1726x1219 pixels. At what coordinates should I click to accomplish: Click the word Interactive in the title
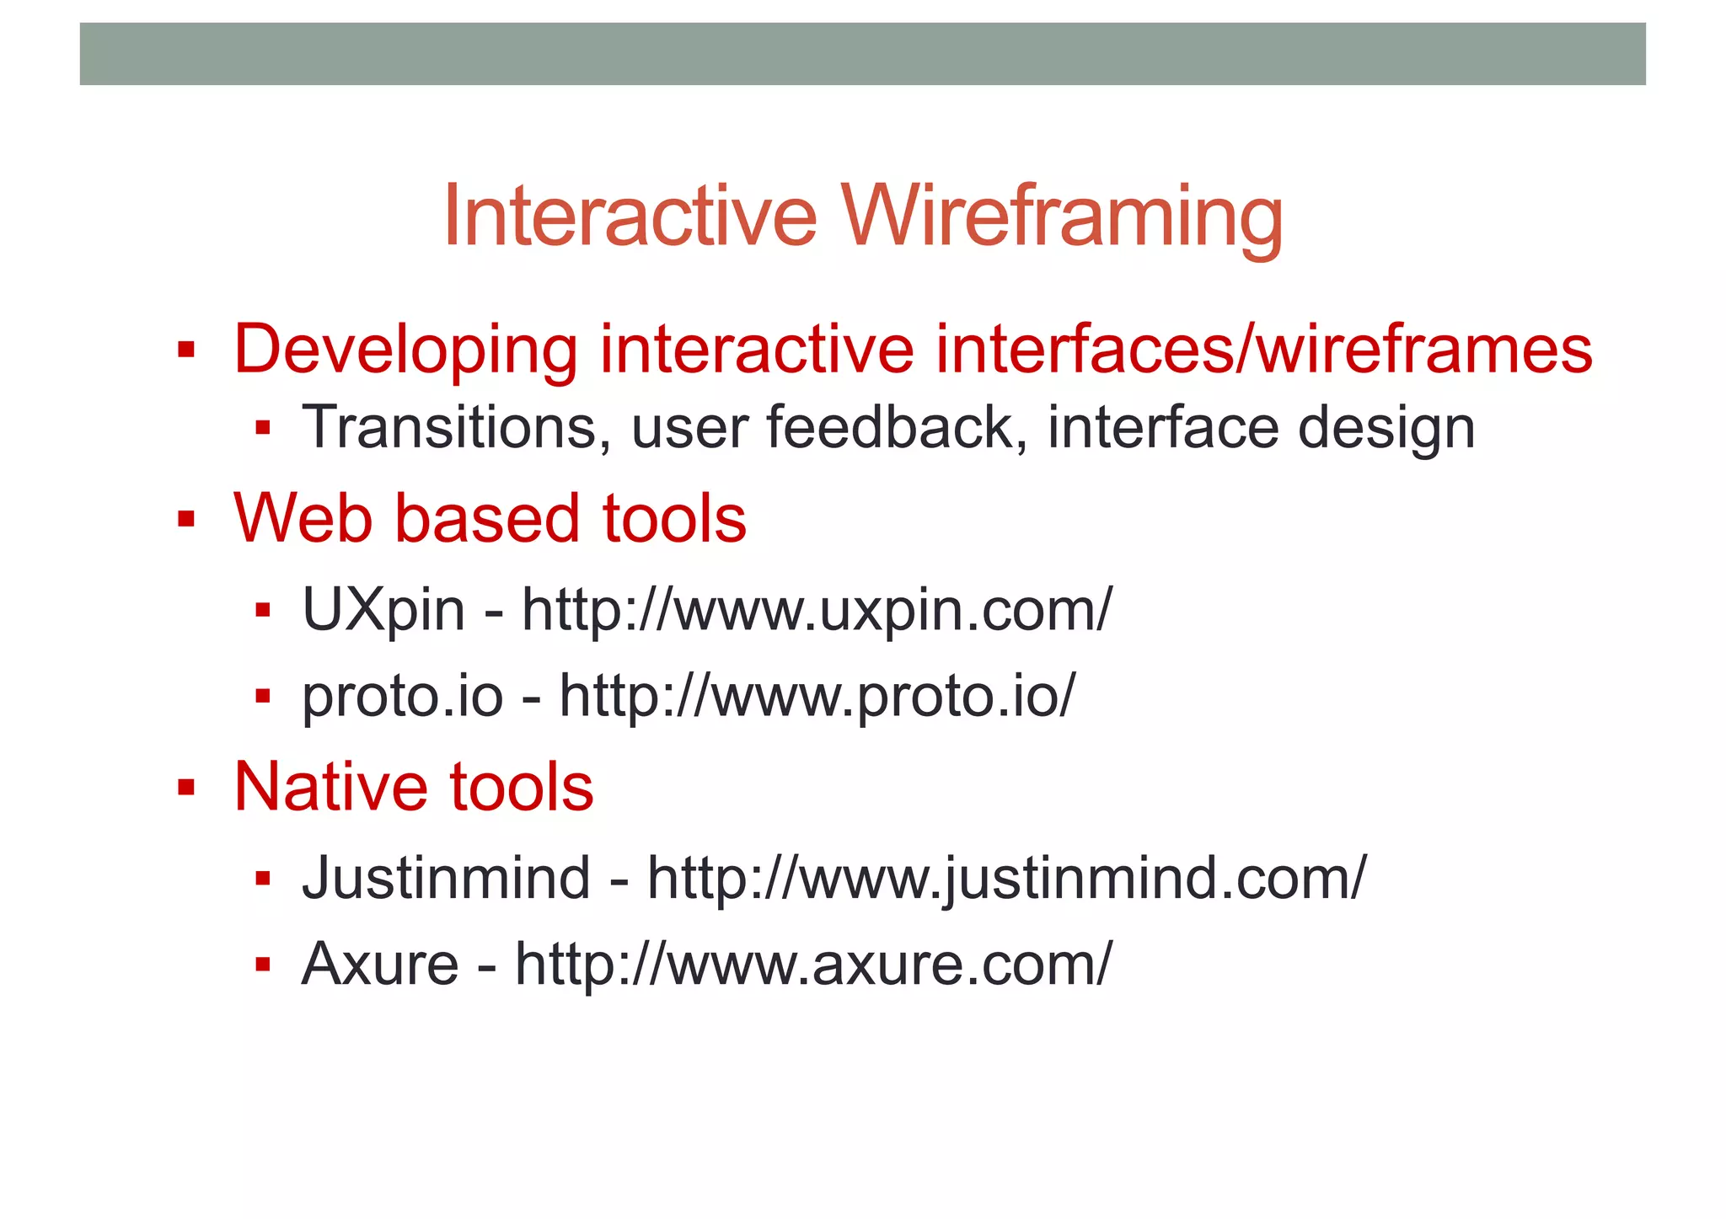pos(630,217)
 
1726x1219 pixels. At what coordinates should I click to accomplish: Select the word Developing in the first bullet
pos(405,350)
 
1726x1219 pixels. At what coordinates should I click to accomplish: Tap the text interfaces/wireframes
pos(1263,350)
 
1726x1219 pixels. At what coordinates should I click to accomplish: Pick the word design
pos(1386,429)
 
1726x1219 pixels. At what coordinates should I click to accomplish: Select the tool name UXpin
pos(383,610)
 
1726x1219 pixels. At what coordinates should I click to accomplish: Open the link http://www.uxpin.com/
pos(817,610)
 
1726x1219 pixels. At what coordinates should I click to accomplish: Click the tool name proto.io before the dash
pos(403,697)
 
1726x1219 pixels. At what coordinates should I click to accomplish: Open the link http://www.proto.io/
pos(817,697)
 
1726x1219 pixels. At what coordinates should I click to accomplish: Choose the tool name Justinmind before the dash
pos(446,878)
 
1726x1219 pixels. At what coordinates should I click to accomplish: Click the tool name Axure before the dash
pos(380,965)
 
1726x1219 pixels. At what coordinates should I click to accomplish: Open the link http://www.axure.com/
pos(813,965)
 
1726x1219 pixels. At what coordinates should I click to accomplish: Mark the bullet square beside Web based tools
pos(186,519)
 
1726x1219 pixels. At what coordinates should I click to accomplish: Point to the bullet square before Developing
pos(186,350)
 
